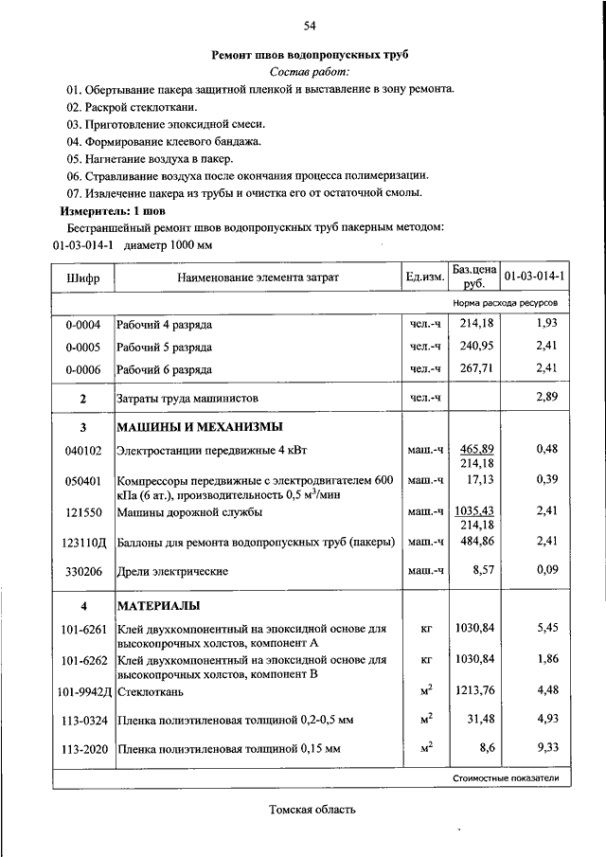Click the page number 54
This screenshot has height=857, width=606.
click(310, 25)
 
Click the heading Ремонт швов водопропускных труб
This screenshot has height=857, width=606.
click(310, 55)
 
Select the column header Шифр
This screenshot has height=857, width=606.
click(83, 277)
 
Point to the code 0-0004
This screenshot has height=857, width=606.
click(83, 325)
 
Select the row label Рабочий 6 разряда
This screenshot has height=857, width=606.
click(165, 369)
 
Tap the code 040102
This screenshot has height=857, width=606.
click(83, 451)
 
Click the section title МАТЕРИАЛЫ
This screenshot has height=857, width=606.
click(159, 605)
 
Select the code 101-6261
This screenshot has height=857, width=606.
click(83, 629)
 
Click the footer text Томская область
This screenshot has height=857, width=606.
click(312, 811)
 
